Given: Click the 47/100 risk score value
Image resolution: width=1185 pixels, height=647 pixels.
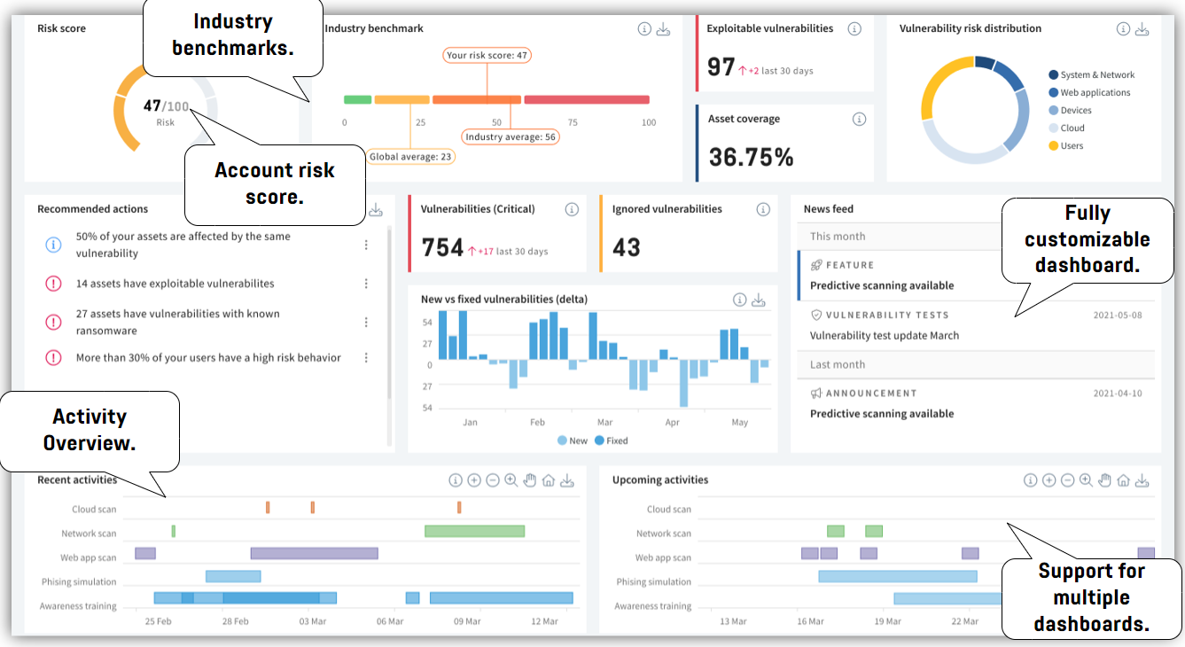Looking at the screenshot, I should pos(164,106).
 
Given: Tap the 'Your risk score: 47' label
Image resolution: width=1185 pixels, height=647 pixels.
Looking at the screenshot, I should pos(487,55).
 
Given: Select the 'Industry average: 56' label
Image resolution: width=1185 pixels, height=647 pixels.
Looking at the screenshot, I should pos(511,136).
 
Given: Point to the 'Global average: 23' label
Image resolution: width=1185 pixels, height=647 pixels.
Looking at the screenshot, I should pos(410,157).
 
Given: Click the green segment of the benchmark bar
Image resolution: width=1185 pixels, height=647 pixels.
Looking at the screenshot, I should pos(357,100).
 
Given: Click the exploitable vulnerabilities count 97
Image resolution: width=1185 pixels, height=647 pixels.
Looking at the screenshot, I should pos(721,67).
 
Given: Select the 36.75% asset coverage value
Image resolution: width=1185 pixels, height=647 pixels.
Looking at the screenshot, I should pos(752,157).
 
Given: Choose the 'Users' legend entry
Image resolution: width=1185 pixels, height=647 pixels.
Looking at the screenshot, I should pos(1072,146).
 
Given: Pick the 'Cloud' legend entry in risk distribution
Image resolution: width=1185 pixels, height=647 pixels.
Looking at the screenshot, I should pos(1072,129).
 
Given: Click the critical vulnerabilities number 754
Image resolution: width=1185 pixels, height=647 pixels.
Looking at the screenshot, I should pos(442,247).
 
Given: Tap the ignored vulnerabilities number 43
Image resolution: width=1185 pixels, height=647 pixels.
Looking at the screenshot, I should pos(627,247).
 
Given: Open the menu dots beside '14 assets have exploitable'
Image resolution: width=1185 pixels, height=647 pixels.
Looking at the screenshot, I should pos(366,284).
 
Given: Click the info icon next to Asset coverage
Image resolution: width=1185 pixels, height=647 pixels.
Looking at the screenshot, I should pos(859,119).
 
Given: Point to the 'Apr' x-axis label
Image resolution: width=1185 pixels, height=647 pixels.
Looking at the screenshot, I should pos(673,423).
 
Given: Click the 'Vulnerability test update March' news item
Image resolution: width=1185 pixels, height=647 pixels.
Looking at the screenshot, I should pos(884,336).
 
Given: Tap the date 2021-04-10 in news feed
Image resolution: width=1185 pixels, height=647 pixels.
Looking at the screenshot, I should pos(1117,394).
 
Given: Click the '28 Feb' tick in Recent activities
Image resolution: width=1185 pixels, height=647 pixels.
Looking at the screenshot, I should pos(235,621).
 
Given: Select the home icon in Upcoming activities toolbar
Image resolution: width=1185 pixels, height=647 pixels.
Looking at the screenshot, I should pos(1123,480).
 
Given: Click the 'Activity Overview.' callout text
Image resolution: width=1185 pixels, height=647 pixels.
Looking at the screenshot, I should pos(90,430).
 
